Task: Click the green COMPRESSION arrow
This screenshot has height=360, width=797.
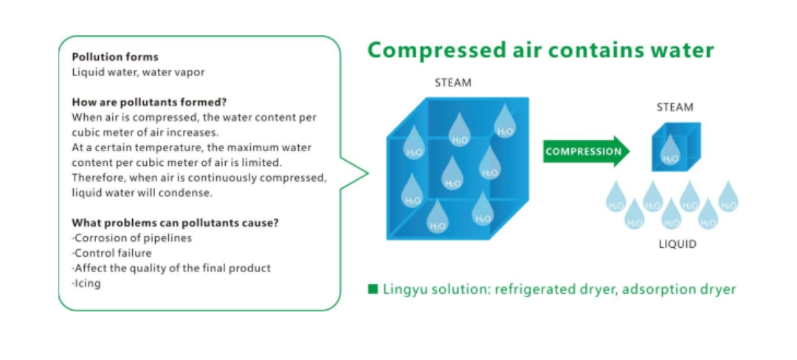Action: (x=586, y=152)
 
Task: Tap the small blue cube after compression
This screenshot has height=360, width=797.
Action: (x=674, y=147)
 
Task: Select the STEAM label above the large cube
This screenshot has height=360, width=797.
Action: (x=452, y=83)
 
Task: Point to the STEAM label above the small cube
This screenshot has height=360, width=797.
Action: (x=674, y=108)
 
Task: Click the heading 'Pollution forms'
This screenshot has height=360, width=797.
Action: (x=114, y=57)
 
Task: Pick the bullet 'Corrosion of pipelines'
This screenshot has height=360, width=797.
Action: (x=132, y=238)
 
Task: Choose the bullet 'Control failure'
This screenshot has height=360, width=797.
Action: (x=114, y=253)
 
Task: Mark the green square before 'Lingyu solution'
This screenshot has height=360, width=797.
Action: (x=373, y=289)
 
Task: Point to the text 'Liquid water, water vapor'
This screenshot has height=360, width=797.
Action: (x=138, y=72)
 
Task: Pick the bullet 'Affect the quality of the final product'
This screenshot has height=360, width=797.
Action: (x=171, y=269)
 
